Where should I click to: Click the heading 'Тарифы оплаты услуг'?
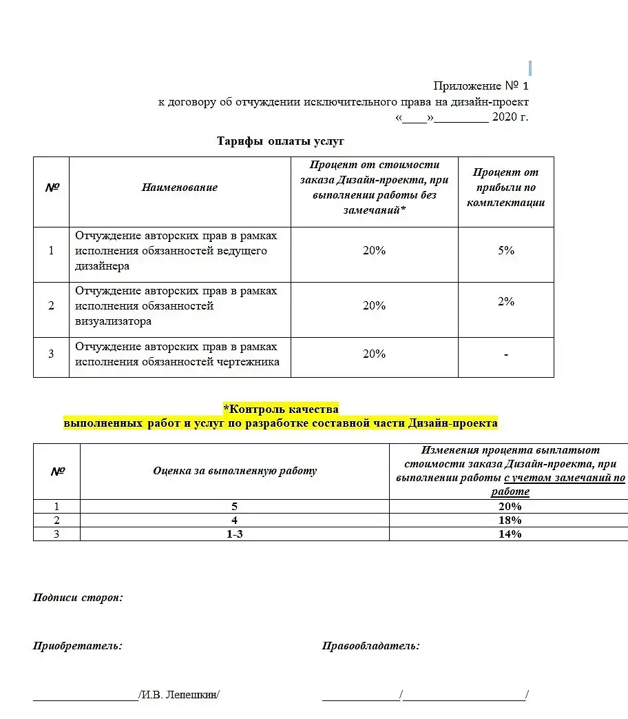[280, 141]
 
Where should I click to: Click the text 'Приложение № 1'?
[481, 86]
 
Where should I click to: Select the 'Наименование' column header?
[180, 188]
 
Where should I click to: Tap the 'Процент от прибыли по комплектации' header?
[505, 188]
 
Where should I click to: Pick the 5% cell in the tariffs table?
[506, 251]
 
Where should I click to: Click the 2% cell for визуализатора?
[506, 302]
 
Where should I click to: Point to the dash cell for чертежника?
[506, 354]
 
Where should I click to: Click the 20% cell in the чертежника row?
[374, 354]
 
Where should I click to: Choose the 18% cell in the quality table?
[510, 520]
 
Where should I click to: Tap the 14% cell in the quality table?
[510, 534]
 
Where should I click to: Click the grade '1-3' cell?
[235, 534]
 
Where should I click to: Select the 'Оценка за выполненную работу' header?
[235, 472]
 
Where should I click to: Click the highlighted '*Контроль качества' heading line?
[280, 409]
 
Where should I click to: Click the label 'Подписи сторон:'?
[78, 598]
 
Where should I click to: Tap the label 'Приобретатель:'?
[78, 647]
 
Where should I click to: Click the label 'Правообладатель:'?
[370, 647]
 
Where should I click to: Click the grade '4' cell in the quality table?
[235, 520]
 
